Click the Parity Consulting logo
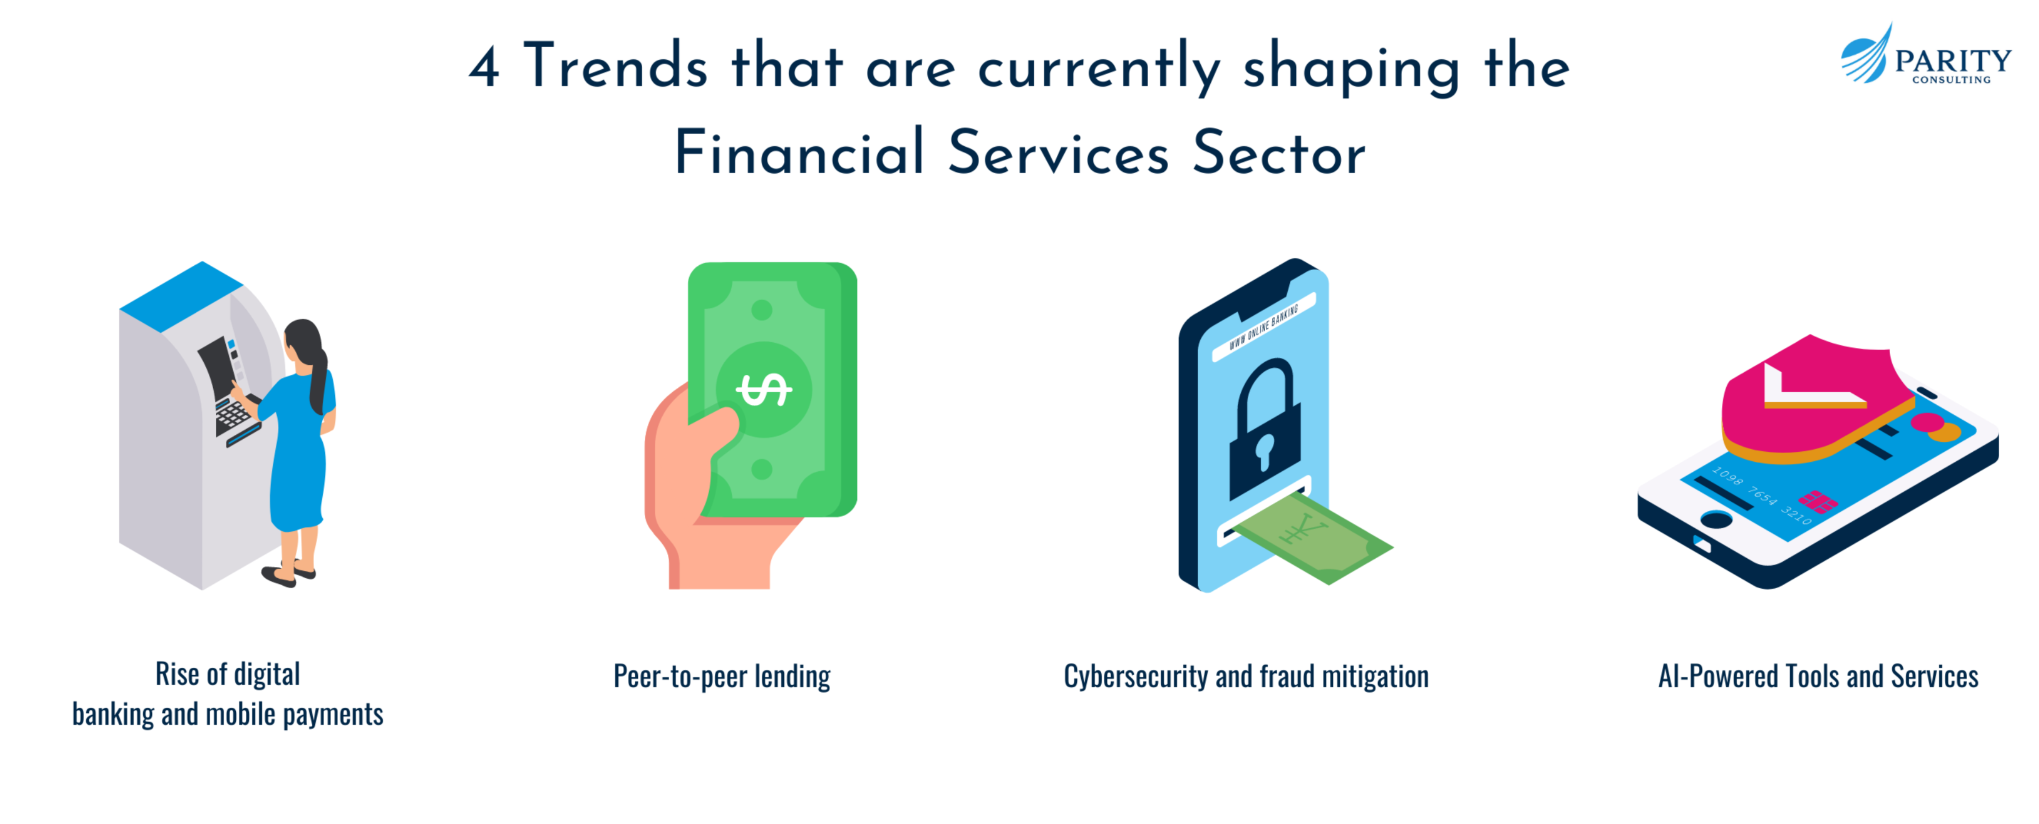click(x=1925, y=54)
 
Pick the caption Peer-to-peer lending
click(x=722, y=676)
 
